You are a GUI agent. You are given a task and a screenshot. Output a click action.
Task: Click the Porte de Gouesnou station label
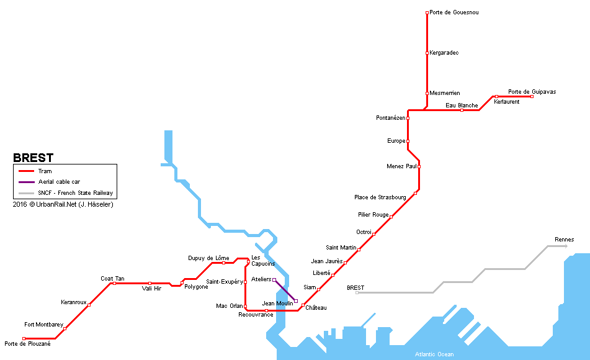point(454,12)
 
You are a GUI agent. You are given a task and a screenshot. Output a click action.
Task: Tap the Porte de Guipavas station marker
point(532,96)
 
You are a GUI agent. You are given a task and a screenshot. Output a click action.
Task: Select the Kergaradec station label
point(444,53)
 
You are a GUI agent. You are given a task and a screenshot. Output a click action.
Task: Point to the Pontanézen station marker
point(408,118)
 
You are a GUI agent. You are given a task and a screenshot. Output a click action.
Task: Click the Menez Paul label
point(401,166)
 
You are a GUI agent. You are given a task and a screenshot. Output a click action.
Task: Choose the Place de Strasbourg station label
point(380,197)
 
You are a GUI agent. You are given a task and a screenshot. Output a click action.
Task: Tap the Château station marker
point(303,305)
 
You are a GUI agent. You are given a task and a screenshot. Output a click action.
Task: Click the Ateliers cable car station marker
point(274,280)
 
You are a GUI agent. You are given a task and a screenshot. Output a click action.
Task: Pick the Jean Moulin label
point(277,304)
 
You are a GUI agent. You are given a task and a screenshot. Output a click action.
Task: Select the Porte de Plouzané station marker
point(24,338)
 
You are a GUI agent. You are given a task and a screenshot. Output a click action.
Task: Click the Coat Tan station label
point(112,279)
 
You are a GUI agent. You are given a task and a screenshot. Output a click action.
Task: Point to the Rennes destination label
point(564,240)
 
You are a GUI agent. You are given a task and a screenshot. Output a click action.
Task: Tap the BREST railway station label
point(355,288)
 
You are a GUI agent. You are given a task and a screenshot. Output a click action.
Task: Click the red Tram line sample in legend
point(26,171)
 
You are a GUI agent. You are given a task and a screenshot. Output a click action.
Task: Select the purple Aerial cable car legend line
point(26,182)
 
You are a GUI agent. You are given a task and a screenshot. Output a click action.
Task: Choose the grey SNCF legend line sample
point(26,193)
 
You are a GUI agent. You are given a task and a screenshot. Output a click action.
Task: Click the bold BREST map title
point(33,158)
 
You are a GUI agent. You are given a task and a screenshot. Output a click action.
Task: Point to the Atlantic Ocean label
point(434,354)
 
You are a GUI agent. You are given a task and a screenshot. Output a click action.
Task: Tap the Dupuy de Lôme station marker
point(223,263)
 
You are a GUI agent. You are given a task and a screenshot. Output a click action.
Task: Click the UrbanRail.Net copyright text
point(63,204)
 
